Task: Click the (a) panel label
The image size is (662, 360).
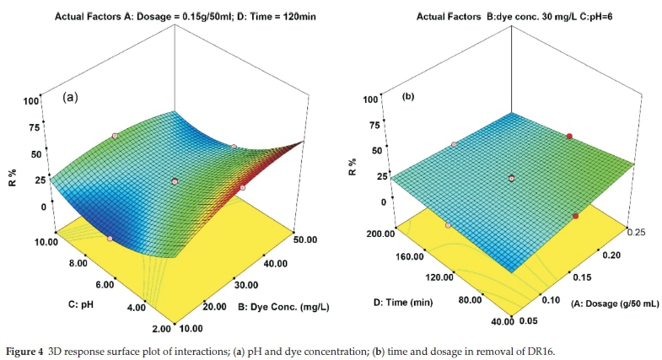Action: pos(71,97)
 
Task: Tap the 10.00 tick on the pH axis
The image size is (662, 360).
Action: pos(43,241)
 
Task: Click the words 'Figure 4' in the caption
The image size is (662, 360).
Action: pos(30,345)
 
